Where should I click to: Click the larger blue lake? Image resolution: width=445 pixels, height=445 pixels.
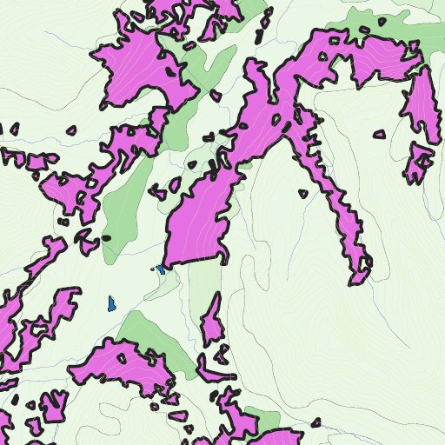coord(111,303)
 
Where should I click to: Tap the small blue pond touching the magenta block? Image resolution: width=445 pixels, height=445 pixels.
coord(162,269)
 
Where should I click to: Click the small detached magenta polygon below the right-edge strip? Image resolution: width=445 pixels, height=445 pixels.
coord(419,162)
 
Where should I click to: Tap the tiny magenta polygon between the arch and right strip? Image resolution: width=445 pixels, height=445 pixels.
coord(379,135)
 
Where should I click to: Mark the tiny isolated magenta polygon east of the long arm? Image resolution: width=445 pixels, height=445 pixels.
coord(302,194)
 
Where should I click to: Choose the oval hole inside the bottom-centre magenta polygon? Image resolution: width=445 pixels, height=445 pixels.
coord(122,356)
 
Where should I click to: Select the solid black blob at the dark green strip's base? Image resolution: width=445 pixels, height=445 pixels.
coord(107,237)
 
